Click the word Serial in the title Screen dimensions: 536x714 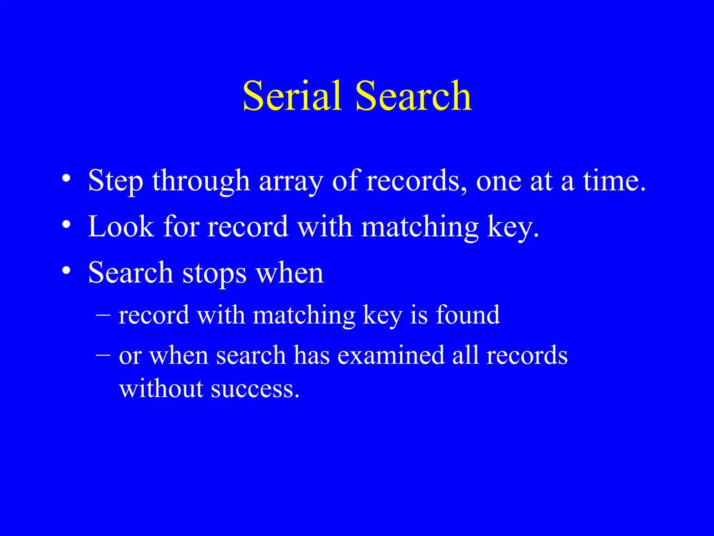pyautogui.click(x=292, y=96)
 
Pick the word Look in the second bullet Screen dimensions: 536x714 pyautogui.click(x=121, y=227)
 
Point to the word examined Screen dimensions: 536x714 pyautogui.click(x=391, y=355)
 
